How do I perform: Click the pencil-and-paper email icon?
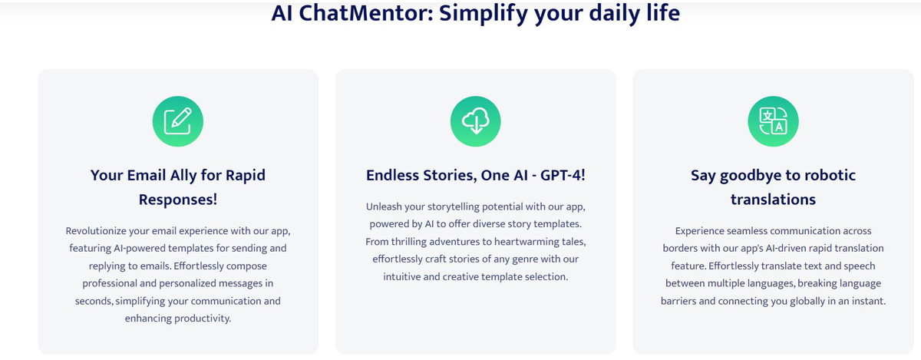pos(177,121)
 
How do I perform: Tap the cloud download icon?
pos(475,121)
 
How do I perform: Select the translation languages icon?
pos(773,121)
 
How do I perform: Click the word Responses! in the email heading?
pos(177,200)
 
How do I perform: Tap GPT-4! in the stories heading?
pos(563,175)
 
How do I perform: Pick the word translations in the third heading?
pos(773,200)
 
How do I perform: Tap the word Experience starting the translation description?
pos(699,232)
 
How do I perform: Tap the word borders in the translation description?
pos(677,249)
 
